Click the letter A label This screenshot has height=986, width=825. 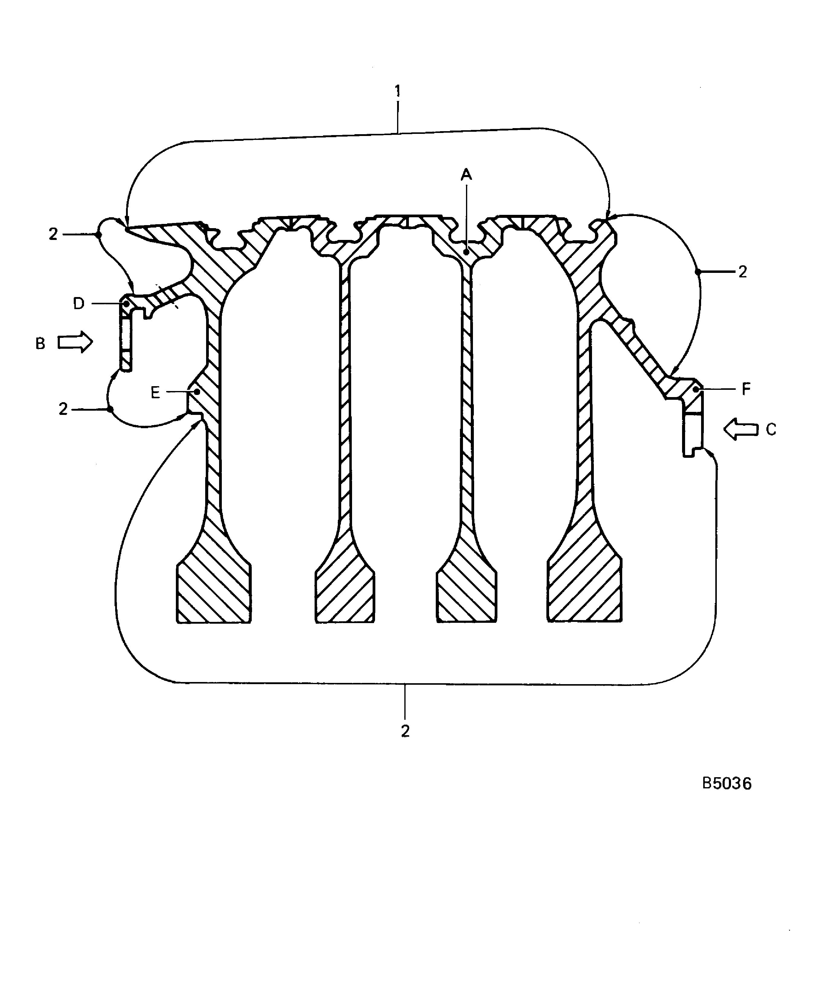(x=466, y=175)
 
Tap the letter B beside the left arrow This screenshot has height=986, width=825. (x=40, y=344)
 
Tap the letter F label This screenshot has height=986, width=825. (x=746, y=389)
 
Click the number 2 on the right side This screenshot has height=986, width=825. (x=742, y=271)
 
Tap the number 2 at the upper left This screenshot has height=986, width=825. (x=53, y=234)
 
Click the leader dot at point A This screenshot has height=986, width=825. (x=466, y=252)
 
